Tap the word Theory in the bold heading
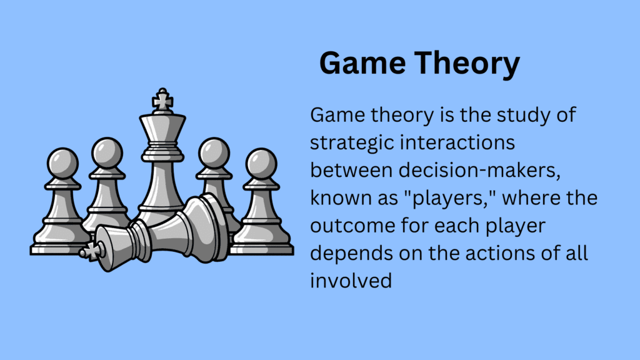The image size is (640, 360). (x=471, y=64)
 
